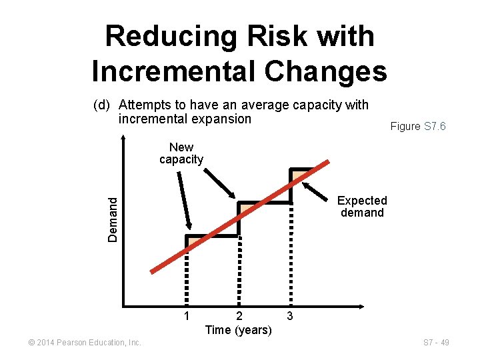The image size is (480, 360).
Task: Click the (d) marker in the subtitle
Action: point(102,105)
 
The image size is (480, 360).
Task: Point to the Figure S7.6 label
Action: point(418,126)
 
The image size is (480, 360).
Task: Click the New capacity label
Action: point(181,153)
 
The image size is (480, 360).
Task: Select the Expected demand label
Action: point(362,207)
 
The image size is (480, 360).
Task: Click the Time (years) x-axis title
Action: point(239,330)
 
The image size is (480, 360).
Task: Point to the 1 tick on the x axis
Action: point(187,315)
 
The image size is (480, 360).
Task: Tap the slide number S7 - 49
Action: point(435,343)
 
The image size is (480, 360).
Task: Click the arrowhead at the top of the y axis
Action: point(124,139)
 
